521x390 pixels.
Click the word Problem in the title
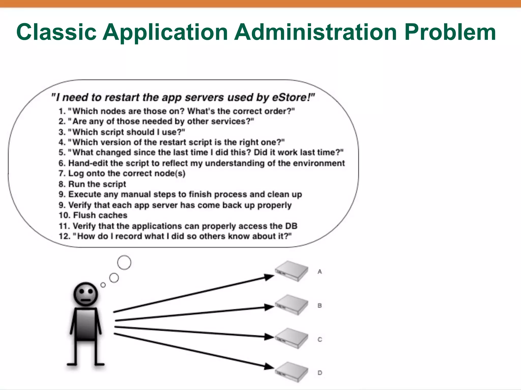[450, 32]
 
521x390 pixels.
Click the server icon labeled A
[292, 271]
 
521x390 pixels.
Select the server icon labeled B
[292, 305]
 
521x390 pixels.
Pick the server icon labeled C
[292, 338]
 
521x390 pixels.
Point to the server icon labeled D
[292, 372]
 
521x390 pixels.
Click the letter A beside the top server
[320, 272]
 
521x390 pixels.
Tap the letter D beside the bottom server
[320, 373]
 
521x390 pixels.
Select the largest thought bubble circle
[124, 263]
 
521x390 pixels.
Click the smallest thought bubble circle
[103, 285]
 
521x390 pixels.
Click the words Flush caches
[100, 215]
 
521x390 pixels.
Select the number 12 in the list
[64, 236]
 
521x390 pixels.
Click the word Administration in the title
[315, 32]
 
